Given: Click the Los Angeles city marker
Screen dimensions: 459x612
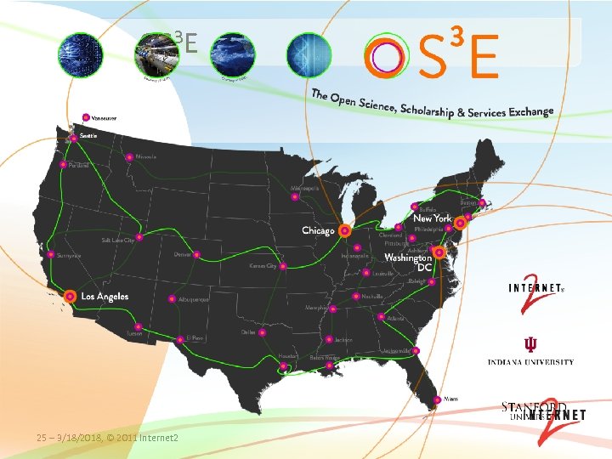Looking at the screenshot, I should click(70, 296).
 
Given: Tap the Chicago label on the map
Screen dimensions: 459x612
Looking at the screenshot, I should click(318, 230).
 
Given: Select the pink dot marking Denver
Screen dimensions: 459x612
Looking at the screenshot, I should click(196, 254).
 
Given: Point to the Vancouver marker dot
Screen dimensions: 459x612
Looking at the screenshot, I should click(86, 117).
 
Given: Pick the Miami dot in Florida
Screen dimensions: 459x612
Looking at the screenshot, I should click(439, 398).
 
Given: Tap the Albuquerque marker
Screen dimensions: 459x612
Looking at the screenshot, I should click(172, 299).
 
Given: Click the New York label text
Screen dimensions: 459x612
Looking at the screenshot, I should click(433, 218).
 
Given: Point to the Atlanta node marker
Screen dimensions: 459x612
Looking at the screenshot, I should click(380, 318).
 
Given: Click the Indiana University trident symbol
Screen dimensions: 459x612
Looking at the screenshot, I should click(530, 344).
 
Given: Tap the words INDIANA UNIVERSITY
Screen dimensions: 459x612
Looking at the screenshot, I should click(530, 362).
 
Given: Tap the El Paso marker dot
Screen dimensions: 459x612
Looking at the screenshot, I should click(179, 338).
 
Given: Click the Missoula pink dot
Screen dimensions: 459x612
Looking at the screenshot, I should click(129, 157).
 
